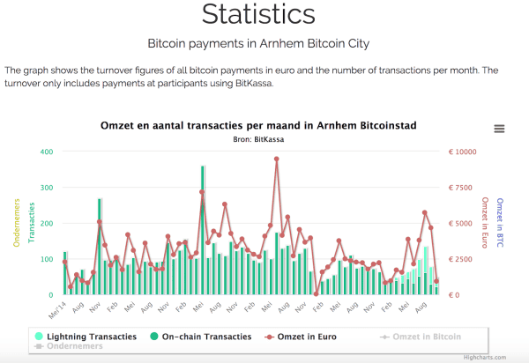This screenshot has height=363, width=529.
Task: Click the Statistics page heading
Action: (257, 14)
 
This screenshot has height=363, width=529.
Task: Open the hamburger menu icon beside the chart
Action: (499, 129)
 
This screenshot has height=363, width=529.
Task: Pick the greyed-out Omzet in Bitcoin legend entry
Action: (420, 337)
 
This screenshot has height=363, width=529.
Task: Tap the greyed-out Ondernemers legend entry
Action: (69, 346)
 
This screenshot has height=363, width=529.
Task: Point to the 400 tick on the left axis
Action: (46, 152)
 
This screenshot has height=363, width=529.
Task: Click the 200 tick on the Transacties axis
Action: (46, 224)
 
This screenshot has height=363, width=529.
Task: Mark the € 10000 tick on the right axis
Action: (462, 152)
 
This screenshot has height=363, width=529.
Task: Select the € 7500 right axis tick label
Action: (462, 188)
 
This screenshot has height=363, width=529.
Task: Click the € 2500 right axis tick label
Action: (462, 259)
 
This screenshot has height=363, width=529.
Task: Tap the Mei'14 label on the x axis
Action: (56, 309)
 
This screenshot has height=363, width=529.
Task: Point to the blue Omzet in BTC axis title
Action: (499, 222)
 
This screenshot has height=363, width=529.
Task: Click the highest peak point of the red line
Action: (276, 159)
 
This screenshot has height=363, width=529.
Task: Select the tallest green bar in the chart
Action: (203, 229)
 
